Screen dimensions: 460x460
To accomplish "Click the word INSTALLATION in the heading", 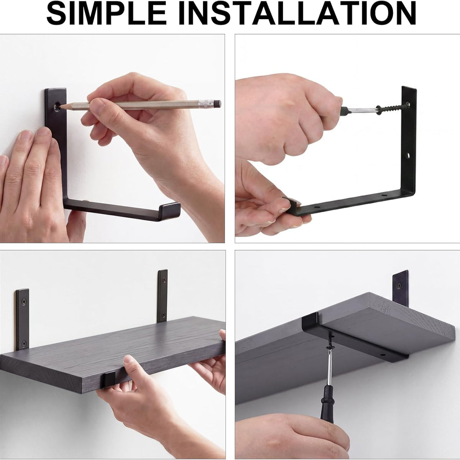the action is coord(298,13).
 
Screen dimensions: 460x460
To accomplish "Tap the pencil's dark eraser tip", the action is coord(217,103).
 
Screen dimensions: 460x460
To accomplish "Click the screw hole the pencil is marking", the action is coord(57,107).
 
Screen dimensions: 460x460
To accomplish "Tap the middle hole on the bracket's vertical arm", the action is coord(407,156).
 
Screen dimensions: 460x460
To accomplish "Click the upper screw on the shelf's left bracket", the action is coord(23,302).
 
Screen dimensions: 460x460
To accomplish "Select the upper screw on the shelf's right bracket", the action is coord(164,279).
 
